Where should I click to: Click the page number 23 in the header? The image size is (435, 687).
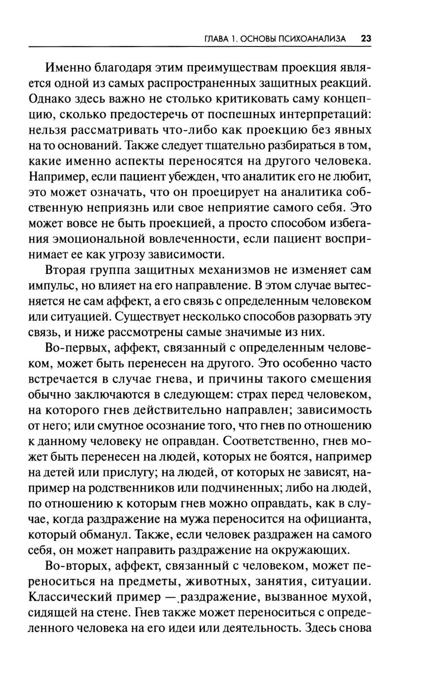click(365, 39)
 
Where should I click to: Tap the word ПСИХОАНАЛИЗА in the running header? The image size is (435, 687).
click(318, 39)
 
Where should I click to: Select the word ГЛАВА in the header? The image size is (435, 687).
click(216, 39)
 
